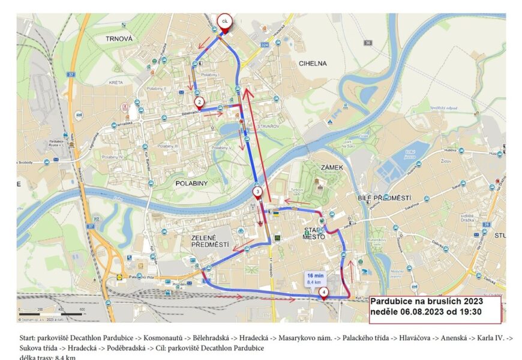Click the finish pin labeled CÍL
point(224,22)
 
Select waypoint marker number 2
point(200,103)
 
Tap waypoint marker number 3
point(257,193)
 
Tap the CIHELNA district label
point(313,63)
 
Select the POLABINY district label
point(191,182)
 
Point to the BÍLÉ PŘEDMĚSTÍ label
point(384,197)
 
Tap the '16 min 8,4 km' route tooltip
point(315,278)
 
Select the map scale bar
point(53,313)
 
